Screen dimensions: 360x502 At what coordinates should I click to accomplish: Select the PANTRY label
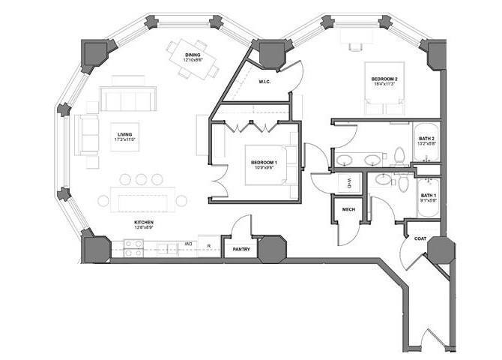241,249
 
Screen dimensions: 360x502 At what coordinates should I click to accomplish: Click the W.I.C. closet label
264,82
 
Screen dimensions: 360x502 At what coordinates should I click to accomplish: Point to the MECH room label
348,210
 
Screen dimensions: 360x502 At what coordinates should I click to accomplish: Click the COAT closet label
420,238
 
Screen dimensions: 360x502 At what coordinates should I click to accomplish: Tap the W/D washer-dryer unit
348,182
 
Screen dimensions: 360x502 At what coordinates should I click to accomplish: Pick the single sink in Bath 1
383,179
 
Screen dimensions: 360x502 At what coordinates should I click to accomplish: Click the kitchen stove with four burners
133,247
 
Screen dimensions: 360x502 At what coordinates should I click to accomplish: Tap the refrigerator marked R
209,246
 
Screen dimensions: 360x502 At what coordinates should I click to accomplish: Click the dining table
193,57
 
